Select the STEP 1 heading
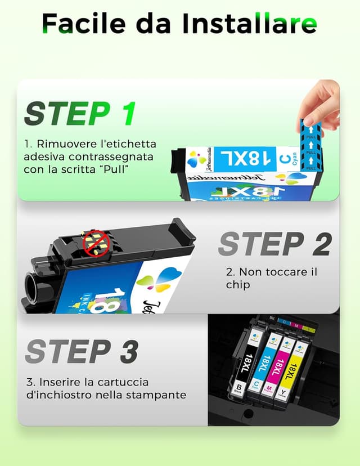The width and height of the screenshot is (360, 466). [x=80, y=114]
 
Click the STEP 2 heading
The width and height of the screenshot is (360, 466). [x=274, y=244]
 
